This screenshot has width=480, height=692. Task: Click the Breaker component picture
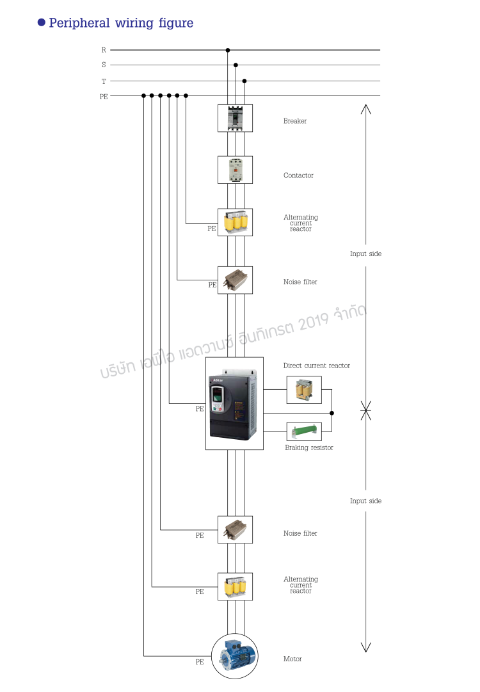235,118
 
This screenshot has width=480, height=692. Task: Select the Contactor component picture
235,170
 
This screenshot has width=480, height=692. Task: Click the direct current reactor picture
304,390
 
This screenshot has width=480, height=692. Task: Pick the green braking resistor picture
304,431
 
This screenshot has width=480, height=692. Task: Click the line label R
104,50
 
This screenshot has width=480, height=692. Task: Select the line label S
104,65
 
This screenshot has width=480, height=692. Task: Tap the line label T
104,81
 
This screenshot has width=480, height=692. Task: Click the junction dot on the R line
228,50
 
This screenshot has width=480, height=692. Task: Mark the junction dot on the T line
244,81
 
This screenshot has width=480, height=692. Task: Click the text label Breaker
295,121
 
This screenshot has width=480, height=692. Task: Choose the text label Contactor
298,175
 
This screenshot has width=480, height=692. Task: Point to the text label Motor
292,659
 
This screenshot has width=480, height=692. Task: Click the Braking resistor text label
309,448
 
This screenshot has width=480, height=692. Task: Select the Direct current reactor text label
317,366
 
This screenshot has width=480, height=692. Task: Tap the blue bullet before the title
42,22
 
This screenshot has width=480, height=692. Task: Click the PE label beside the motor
200,662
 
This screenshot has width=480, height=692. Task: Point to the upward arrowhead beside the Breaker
365,108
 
